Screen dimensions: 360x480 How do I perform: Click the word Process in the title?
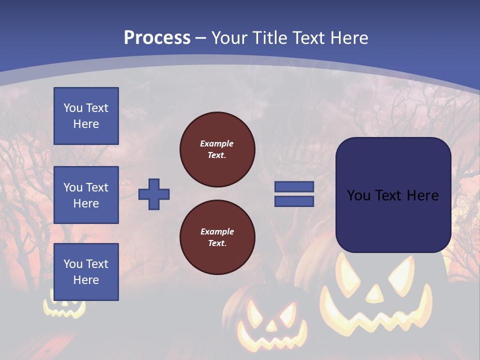click(x=157, y=37)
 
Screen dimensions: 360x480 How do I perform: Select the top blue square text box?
click(x=86, y=116)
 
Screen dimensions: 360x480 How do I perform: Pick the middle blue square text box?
click(x=86, y=195)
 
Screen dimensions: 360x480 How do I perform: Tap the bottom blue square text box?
click(x=86, y=272)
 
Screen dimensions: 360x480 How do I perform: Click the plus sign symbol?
click(x=154, y=194)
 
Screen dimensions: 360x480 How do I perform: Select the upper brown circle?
click(x=217, y=149)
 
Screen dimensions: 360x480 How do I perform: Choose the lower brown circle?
click(x=217, y=237)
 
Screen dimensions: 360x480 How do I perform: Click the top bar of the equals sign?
click(x=294, y=187)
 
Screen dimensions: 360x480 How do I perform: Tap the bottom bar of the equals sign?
click(x=294, y=201)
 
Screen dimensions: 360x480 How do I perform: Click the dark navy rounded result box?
click(x=393, y=195)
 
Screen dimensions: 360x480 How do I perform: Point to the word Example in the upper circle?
click(x=217, y=143)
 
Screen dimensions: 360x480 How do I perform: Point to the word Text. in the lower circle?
click(x=217, y=243)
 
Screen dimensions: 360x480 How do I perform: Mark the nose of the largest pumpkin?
click(x=374, y=294)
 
